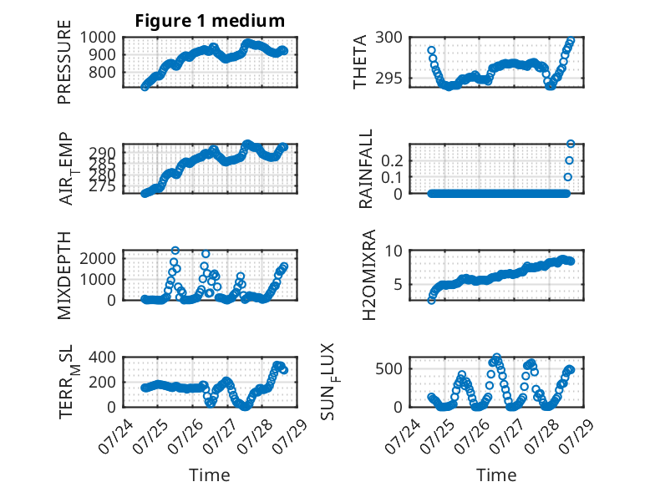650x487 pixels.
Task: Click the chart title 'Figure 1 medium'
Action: coord(210,21)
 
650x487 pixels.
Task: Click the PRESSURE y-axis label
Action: coord(64,62)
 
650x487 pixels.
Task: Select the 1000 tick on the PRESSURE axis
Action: coord(98,38)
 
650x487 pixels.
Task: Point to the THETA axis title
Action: coord(360,62)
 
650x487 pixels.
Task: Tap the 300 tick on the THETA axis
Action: coord(388,38)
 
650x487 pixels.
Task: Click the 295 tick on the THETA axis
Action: coord(388,78)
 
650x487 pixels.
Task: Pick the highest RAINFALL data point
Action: coord(571,144)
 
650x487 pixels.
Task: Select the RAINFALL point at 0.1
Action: coord(567,177)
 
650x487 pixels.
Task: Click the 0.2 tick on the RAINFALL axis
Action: coord(392,161)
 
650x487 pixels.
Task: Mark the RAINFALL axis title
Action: coord(366,169)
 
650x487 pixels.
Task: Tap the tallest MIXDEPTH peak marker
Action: coord(175,251)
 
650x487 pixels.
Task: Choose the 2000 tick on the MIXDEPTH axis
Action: coord(98,259)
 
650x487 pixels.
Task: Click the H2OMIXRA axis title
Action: coord(368,275)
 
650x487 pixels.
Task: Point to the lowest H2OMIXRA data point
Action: coord(432,301)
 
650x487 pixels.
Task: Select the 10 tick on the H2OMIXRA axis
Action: coord(394,251)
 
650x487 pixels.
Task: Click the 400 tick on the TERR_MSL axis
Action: coord(103,357)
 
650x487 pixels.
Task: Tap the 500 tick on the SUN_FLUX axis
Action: coord(388,369)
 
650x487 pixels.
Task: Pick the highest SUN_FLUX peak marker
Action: coord(496,357)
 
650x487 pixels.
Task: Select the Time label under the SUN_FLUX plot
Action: coord(496,475)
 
